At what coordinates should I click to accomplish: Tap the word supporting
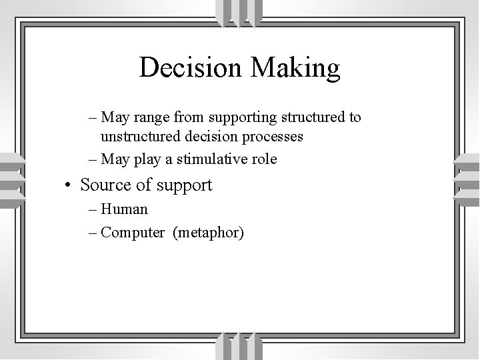pos(239,118)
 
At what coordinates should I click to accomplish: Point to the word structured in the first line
pos(311,118)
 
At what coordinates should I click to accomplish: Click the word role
pos(264,159)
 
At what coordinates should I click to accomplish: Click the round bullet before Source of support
pos(69,185)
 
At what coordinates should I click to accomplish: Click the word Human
pos(125,209)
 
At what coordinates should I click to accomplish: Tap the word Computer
pos(133,233)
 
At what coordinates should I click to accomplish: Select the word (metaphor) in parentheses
pos(208,233)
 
